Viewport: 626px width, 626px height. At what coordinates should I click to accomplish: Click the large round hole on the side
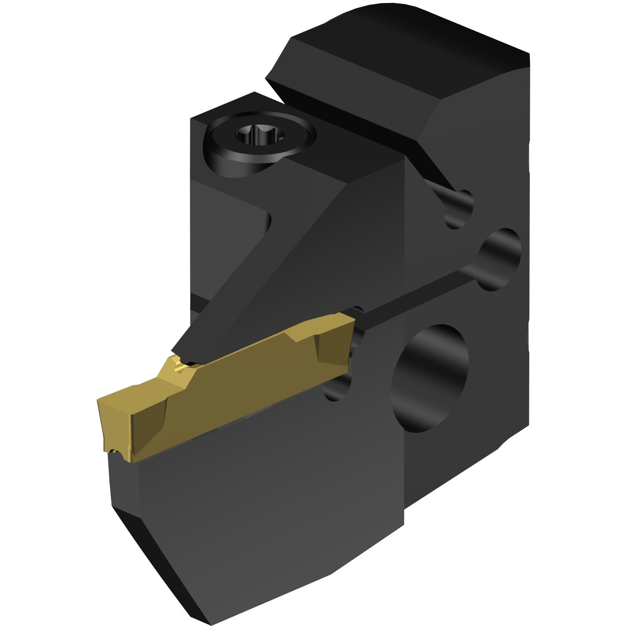[x=432, y=376]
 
